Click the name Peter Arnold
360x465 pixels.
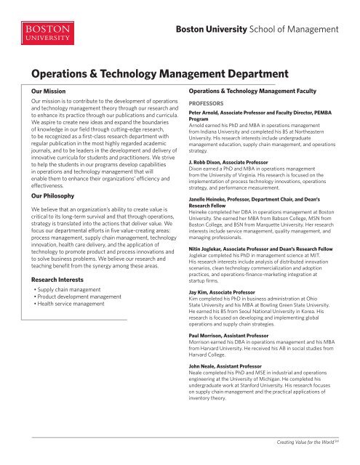click(207, 115)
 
